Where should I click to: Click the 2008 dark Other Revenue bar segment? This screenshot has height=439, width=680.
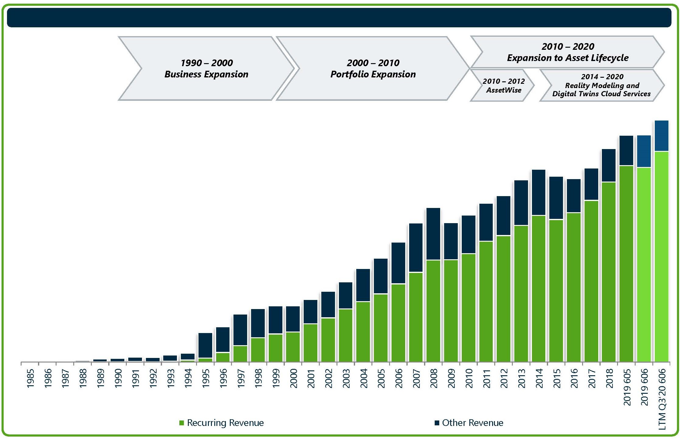[433, 234]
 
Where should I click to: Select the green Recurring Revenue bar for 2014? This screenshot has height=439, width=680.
[539, 288]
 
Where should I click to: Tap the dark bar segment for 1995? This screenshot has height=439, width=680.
[205, 345]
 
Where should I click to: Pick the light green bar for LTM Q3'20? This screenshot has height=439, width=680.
[661, 257]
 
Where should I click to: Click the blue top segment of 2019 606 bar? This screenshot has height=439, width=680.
[644, 151]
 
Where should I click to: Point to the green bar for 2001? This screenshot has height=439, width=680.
[310, 343]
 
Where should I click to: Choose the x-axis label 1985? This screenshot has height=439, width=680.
[30, 378]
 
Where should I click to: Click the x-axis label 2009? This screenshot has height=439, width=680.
[451, 378]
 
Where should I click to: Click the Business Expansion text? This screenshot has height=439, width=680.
[206, 74]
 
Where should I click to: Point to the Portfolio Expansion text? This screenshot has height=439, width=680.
[373, 74]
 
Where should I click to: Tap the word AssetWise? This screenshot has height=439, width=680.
[504, 90]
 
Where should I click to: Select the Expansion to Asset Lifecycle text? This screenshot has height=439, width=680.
[568, 58]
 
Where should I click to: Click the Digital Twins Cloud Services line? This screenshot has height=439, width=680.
[601, 94]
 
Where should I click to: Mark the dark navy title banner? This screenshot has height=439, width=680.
[339, 18]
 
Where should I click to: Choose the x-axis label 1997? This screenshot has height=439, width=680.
[241, 378]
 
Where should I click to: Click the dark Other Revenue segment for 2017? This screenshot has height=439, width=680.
[591, 184]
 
